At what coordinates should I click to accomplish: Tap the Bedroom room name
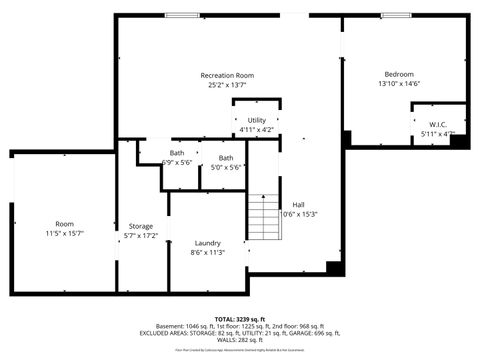point(400,74)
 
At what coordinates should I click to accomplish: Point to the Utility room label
point(257,121)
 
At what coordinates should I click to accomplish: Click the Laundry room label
point(207,242)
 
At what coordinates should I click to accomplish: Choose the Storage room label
point(141,226)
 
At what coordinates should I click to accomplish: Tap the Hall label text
point(298,204)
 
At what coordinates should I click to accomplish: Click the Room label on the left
point(65,223)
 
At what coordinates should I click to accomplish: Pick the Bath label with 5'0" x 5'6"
point(226,157)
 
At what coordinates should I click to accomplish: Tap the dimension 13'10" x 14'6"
point(400,84)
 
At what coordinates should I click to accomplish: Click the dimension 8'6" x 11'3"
point(207,252)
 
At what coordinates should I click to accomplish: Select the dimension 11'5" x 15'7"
point(65,233)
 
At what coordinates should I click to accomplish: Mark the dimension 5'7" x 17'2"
point(141,236)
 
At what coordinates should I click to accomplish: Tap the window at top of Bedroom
point(396,15)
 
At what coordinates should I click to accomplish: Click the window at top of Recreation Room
point(181,15)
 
